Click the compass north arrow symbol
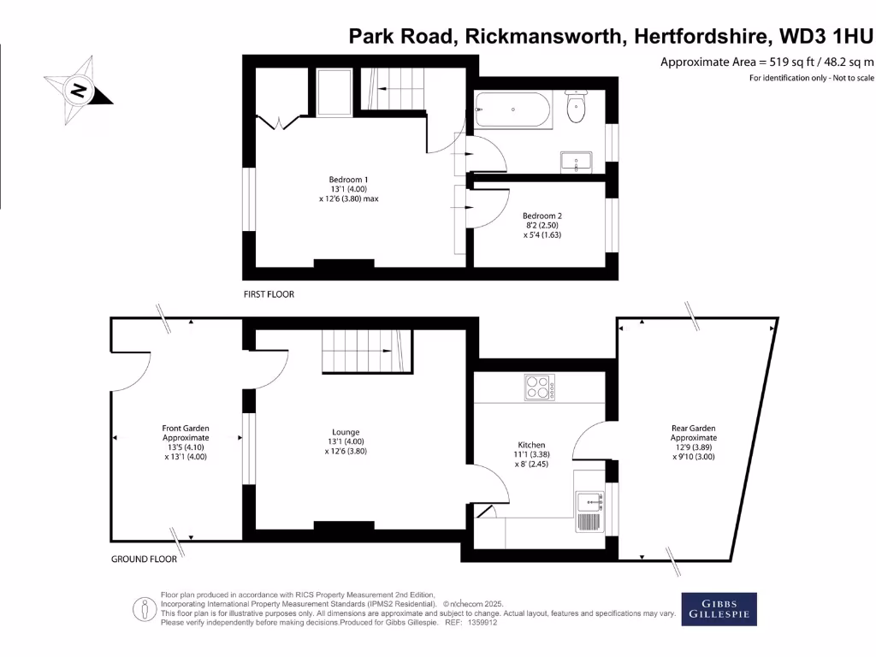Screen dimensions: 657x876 [79, 89]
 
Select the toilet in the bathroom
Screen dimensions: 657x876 [577, 107]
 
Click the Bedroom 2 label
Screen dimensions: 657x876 [542, 216]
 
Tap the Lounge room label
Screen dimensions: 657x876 [346, 432]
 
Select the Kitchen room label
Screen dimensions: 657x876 [531, 445]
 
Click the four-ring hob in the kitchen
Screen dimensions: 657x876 [540, 388]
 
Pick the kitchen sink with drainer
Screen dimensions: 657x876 [589, 512]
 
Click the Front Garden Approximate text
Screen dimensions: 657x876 [186, 433]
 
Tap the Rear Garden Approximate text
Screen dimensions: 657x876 [693, 433]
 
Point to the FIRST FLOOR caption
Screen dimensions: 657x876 [269, 294]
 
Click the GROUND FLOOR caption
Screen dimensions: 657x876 [144, 559]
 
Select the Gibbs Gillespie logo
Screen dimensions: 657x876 [719, 608]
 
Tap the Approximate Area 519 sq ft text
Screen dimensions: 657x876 [767, 62]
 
